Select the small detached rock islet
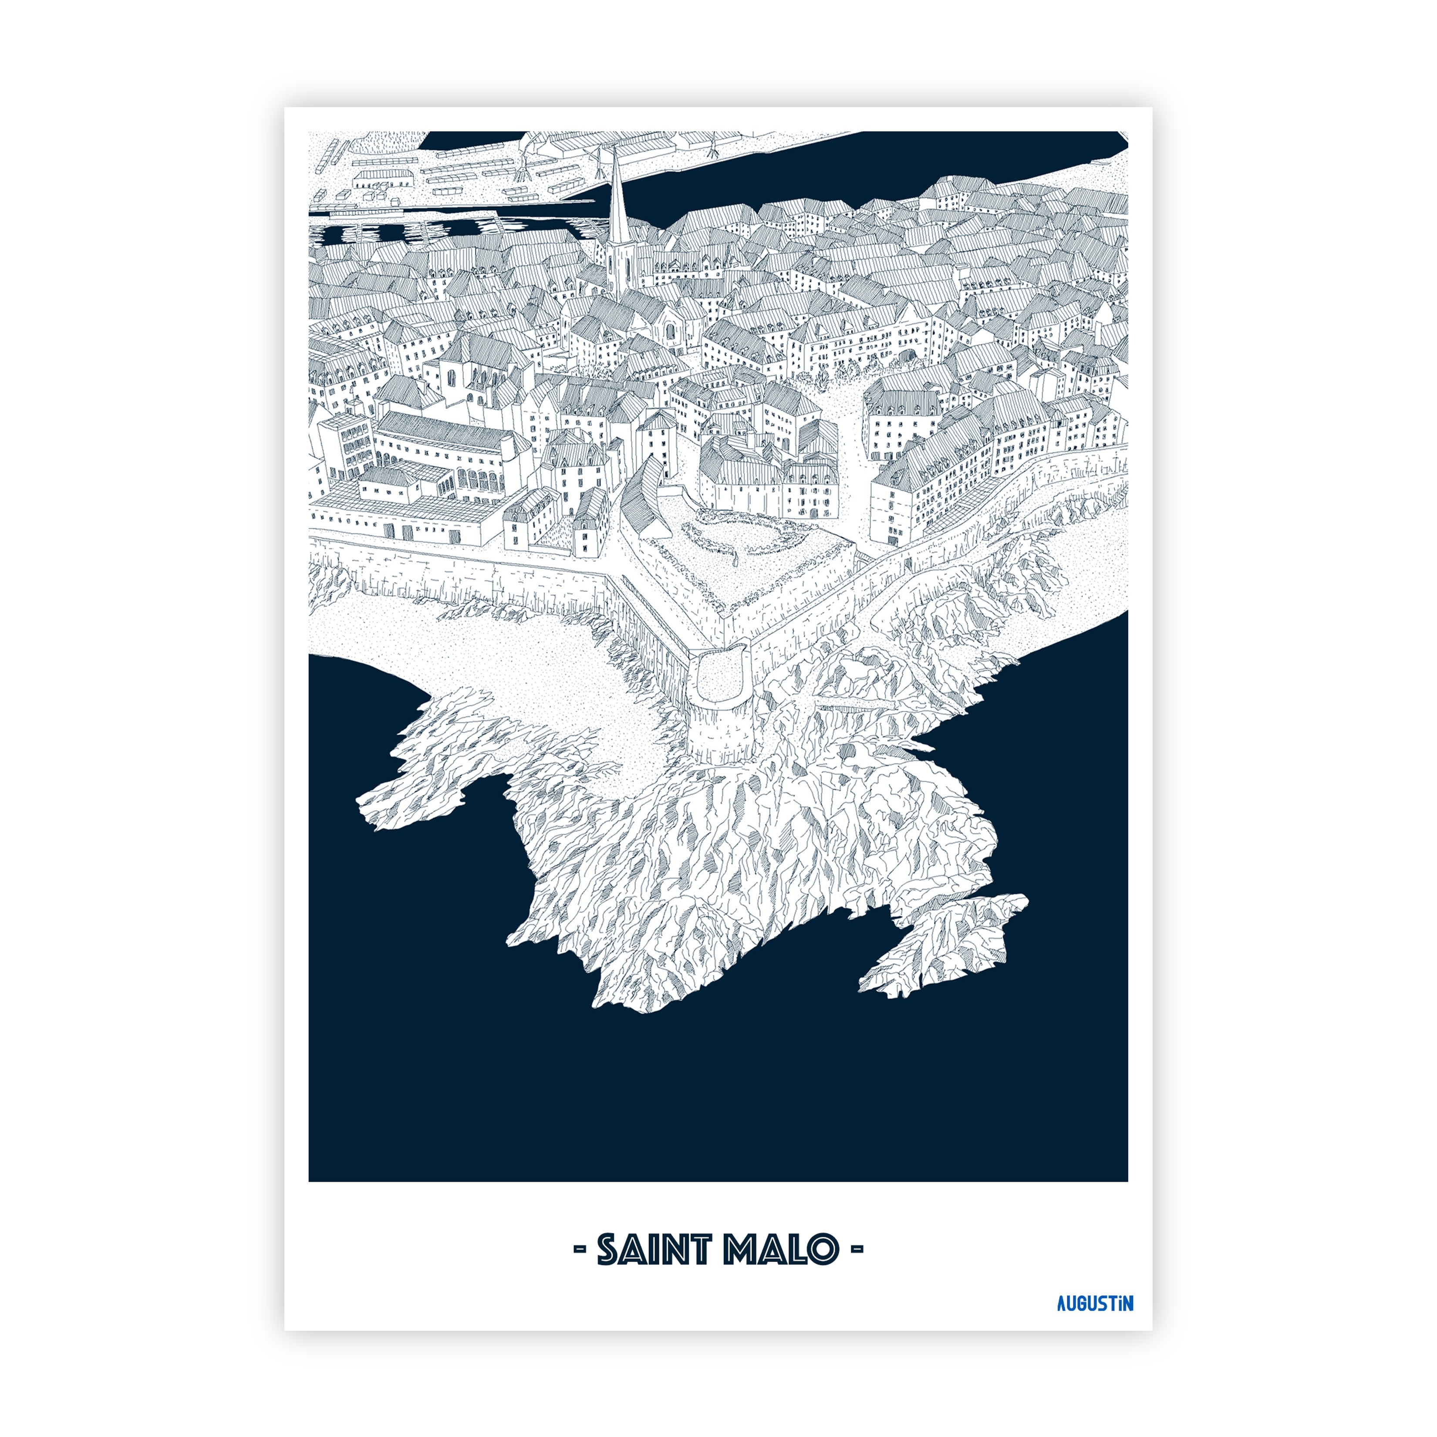pyautogui.click(x=945, y=945)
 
